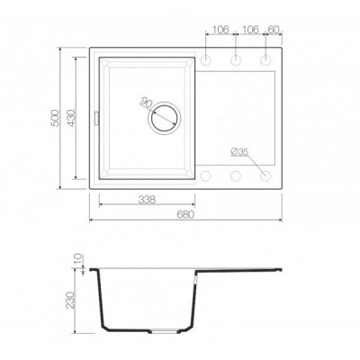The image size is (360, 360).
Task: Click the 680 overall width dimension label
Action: pyautogui.click(x=186, y=215)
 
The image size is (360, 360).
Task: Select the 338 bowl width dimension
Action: pyautogui.click(x=147, y=200)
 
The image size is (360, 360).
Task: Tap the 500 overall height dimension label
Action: pyautogui.click(x=56, y=118)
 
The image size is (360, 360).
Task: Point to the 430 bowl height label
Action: pyautogui.click(x=71, y=118)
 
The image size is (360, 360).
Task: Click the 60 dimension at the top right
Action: pyautogui.click(x=274, y=30)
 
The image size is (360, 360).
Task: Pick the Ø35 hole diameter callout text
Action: pyautogui.click(x=239, y=152)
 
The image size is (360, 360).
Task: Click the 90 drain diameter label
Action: pyautogui.click(x=145, y=103)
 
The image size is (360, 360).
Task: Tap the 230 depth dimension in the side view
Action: pyautogui.click(x=70, y=300)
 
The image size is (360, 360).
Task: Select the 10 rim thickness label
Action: pyautogui.click(x=77, y=259)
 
